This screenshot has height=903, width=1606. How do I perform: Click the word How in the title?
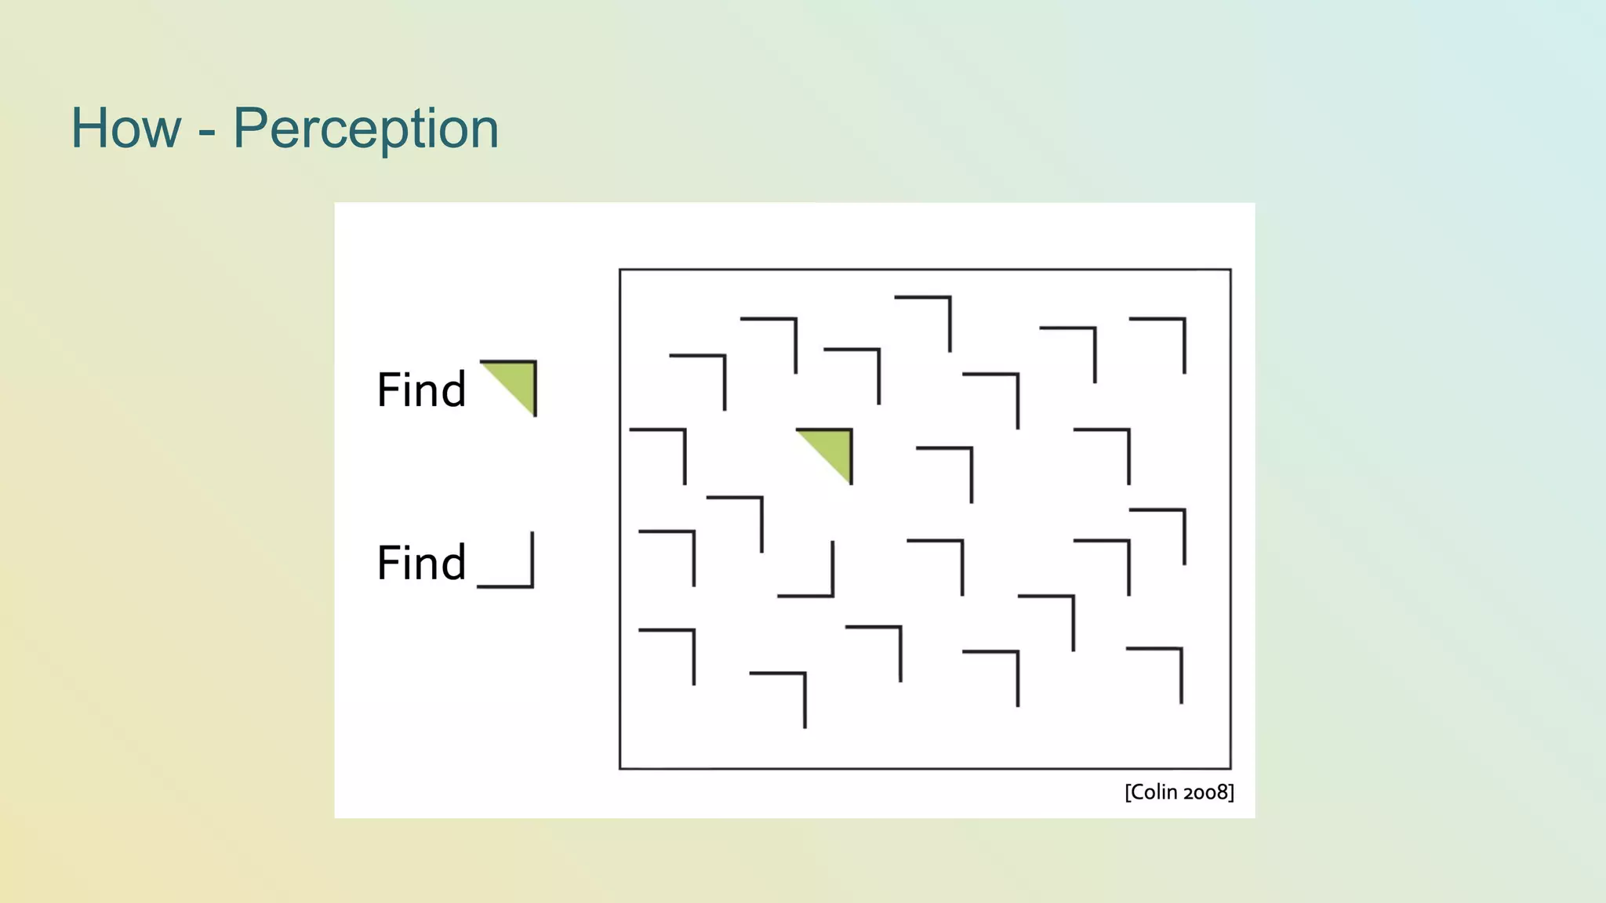point(125,129)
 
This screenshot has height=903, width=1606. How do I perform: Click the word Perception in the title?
point(365,129)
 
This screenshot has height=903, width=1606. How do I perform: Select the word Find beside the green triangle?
point(421,390)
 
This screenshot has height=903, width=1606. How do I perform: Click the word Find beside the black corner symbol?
point(421,563)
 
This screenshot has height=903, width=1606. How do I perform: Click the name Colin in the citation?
point(1154,792)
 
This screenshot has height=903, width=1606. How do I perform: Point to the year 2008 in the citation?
point(1205,792)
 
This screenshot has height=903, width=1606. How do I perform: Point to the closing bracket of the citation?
point(1231,792)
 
